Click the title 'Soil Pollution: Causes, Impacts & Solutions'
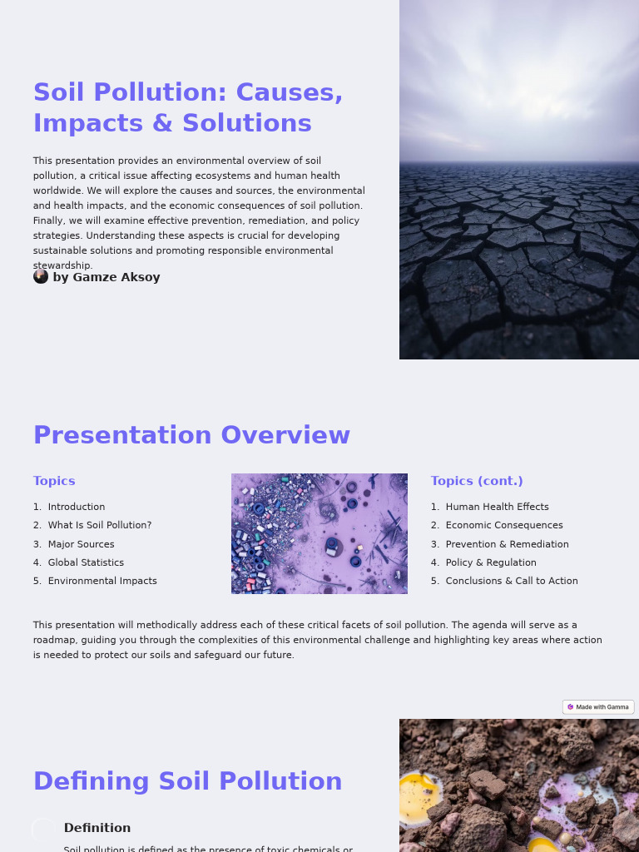(188, 107)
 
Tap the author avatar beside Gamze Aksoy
(41, 276)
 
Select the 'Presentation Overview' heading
(191, 435)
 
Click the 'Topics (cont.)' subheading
(477, 481)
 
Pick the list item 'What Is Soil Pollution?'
(100, 525)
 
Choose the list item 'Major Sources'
(81, 544)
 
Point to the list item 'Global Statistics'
(86, 562)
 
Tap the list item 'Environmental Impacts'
(102, 581)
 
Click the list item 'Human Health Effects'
(497, 507)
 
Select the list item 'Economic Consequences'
(504, 525)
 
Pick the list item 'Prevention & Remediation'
(507, 544)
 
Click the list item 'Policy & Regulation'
(491, 562)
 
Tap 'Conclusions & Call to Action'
(512, 581)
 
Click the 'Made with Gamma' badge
(598, 707)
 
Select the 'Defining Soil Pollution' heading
(187, 781)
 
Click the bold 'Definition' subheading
(97, 828)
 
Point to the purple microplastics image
(319, 533)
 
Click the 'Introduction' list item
(77, 507)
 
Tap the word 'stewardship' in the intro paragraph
(62, 265)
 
